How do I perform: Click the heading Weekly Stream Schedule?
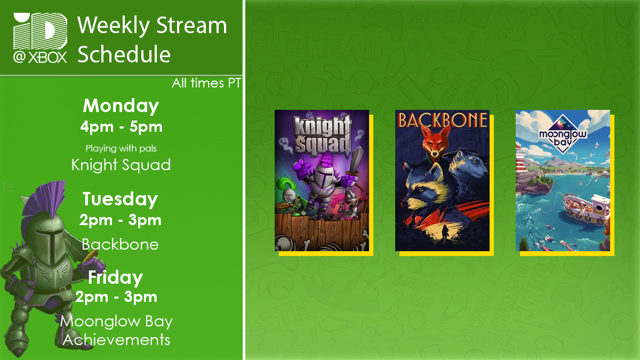(152, 39)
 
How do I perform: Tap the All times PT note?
(206, 83)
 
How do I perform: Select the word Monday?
(121, 106)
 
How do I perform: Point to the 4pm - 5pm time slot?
(121, 127)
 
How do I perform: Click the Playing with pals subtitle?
(121, 148)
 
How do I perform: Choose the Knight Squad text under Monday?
(121, 165)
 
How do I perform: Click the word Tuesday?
(121, 199)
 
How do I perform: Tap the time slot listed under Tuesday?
(121, 220)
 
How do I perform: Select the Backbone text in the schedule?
(121, 244)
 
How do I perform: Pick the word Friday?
(116, 277)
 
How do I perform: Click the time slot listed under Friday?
(116, 297)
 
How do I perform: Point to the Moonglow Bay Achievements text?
(116, 330)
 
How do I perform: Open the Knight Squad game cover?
(322, 180)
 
